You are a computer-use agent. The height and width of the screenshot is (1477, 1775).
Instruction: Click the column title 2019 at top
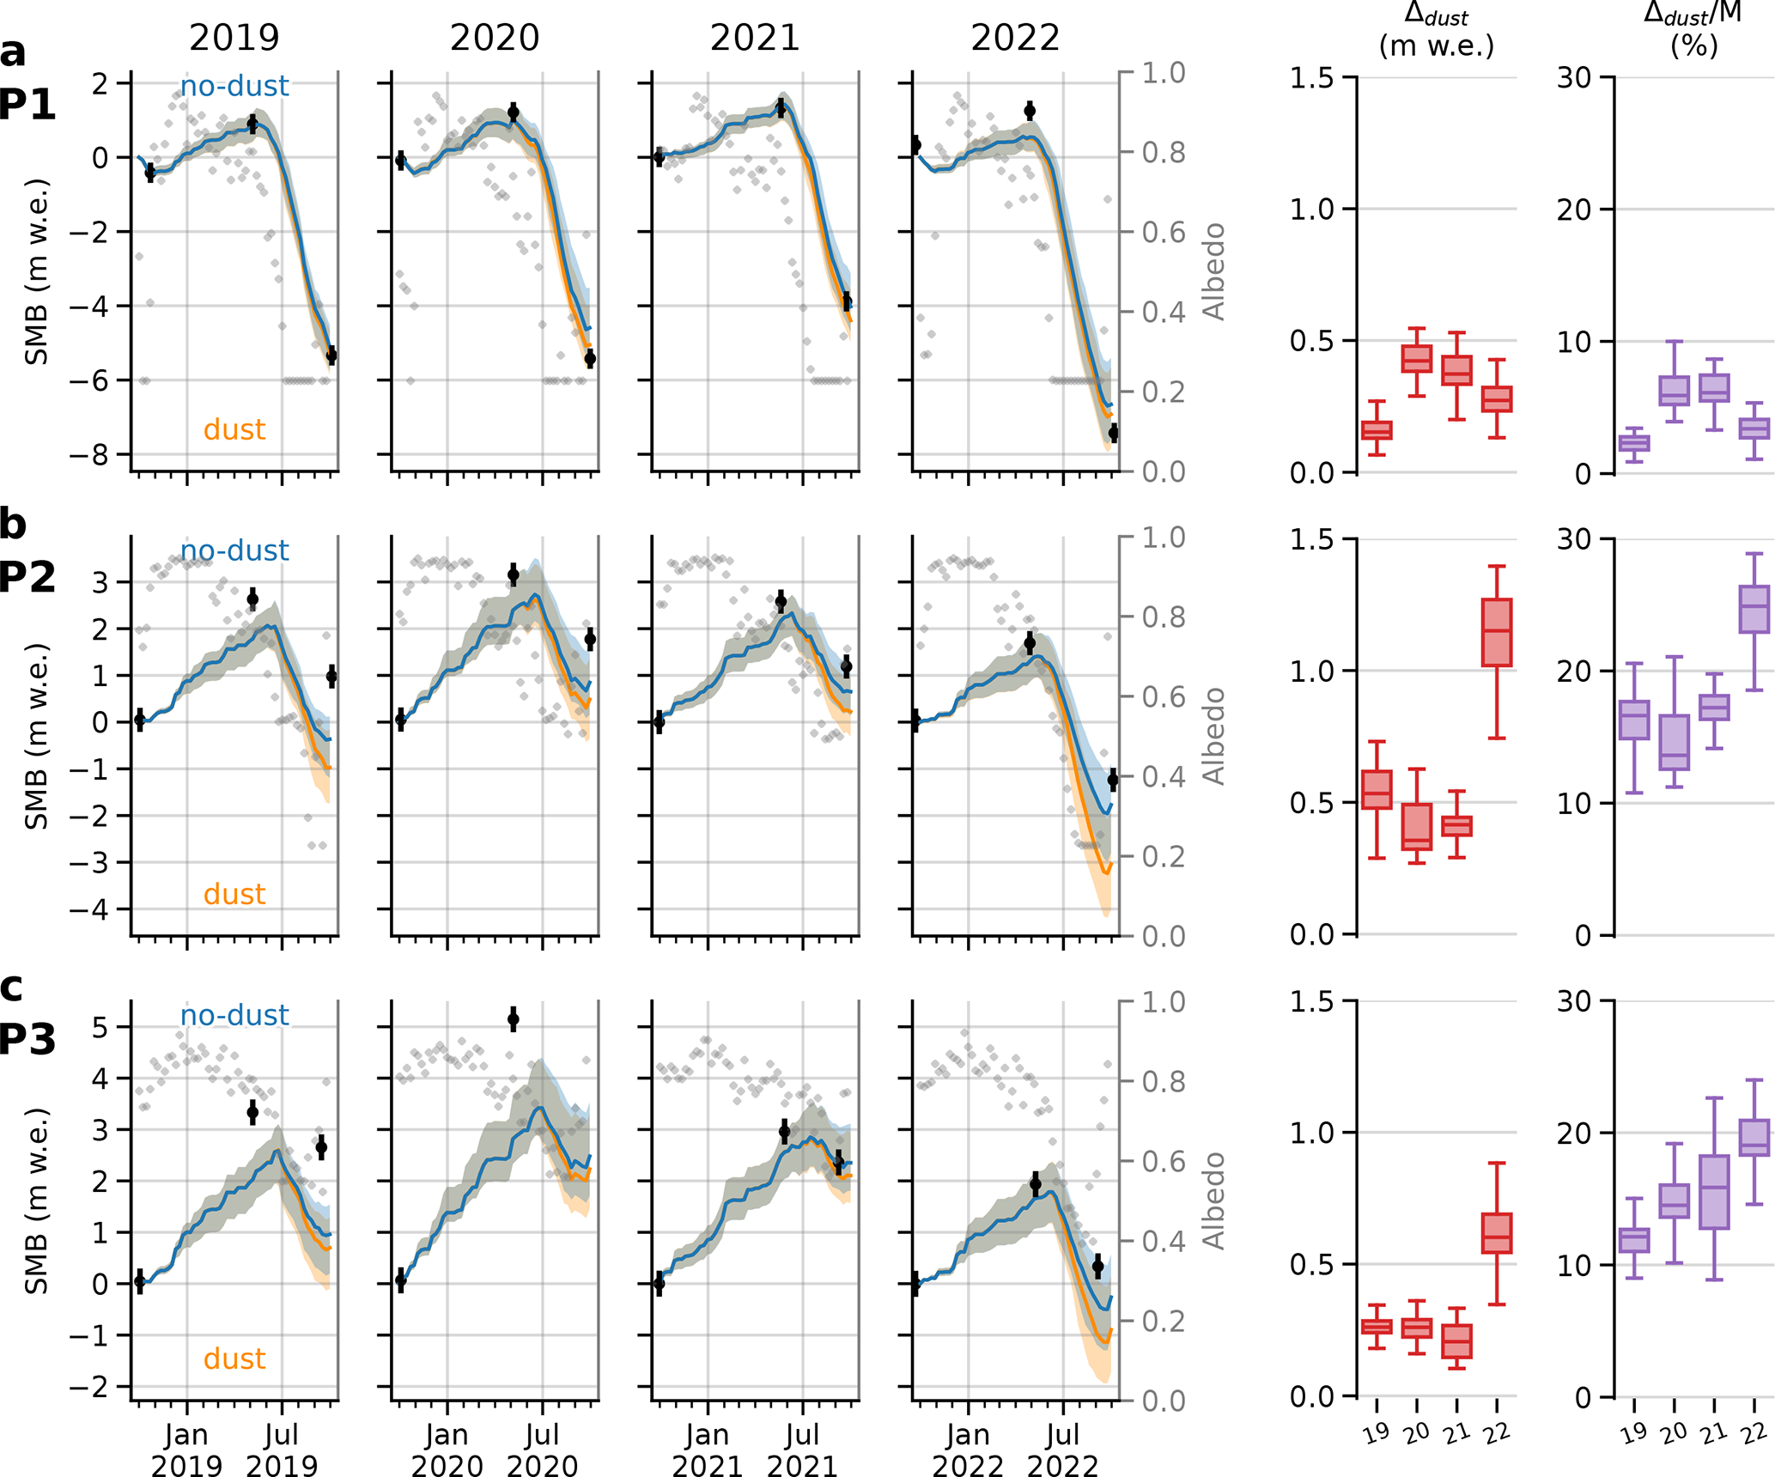234,38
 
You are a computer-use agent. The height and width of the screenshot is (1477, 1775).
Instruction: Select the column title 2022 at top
1015,38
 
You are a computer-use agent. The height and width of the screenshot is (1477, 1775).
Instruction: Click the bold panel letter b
13,524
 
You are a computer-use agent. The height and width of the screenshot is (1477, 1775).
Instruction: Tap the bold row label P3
27,1039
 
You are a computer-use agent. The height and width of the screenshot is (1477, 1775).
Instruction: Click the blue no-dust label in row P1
234,86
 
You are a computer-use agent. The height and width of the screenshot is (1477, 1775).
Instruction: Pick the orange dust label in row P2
234,894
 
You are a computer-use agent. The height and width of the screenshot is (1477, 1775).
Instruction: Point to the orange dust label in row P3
234,1358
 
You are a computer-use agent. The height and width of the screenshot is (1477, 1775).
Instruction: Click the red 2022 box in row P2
1497,632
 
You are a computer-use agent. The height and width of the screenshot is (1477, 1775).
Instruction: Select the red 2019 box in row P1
1377,430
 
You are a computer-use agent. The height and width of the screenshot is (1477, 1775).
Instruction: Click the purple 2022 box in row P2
1754,610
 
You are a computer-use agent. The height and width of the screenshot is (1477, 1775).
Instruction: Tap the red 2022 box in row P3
1497,1233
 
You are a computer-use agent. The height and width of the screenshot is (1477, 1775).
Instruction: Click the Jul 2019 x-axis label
282,1450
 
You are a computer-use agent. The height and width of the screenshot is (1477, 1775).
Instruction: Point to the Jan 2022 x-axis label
968,1450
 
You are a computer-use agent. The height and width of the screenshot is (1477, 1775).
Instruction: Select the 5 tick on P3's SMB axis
100,1027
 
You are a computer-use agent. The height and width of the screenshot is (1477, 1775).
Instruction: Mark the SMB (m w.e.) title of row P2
36,736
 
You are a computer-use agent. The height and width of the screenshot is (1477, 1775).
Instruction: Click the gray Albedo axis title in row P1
1213,271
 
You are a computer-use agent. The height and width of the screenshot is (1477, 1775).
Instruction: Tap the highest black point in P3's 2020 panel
514,1019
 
